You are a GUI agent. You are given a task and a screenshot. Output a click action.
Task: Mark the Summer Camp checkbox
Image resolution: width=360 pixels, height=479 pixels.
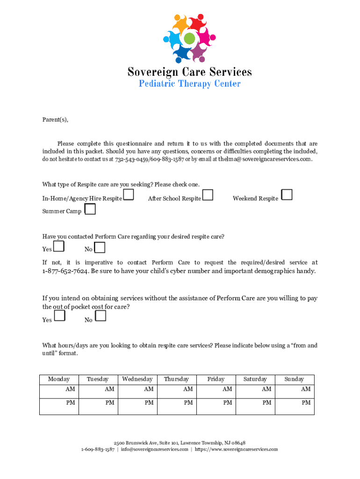point(90,209)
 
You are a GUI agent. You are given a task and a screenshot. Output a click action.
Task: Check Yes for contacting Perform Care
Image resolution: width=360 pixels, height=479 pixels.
point(59,247)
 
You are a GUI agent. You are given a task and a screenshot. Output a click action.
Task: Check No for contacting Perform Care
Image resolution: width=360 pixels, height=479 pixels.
point(100,247)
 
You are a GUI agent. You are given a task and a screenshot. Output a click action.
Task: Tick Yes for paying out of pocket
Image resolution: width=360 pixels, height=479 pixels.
point(59,316)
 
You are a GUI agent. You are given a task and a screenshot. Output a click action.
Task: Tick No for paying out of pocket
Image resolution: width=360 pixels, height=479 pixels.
point(100,316)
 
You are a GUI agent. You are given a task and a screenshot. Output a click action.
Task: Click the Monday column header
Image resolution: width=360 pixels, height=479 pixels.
point(59,379)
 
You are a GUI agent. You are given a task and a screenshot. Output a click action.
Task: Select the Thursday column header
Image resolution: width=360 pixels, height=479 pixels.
point(176,379)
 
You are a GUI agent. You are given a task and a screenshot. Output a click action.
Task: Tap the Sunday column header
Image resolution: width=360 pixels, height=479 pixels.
point(294,379)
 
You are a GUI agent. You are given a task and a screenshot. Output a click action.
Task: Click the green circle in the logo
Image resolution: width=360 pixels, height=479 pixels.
point(189,38)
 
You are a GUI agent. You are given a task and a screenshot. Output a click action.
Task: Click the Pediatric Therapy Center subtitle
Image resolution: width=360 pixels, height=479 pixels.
point(189,84)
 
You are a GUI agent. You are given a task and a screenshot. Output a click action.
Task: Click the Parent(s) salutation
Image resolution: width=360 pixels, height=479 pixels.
point(55,120)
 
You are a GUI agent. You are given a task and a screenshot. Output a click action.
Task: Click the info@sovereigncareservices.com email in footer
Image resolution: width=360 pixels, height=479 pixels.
point(155,450)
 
